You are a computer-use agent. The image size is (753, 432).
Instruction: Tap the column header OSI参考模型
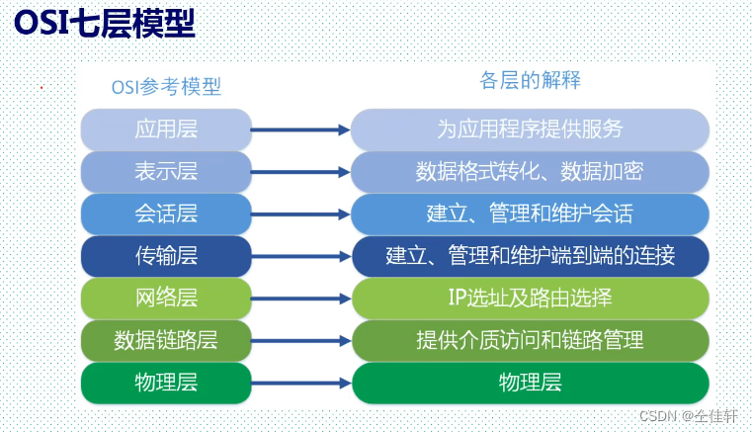(165, 87)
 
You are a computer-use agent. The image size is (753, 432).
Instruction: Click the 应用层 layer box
(165, 129)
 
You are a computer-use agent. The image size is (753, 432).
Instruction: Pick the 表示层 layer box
(165, 171)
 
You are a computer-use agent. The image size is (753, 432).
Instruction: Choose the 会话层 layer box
(165, 214)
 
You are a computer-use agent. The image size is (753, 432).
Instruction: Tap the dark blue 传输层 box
(165, 256)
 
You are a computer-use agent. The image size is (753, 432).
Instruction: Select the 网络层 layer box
(165, 298)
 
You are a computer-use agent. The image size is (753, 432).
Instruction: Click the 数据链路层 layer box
(165, 340)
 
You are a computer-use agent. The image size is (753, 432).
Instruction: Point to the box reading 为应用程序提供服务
(530, 129)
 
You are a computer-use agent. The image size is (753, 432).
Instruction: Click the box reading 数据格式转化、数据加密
(530, 171)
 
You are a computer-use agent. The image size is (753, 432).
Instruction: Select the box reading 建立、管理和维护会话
(530, 214)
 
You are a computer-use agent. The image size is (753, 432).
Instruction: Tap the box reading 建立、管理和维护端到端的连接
(530, 256)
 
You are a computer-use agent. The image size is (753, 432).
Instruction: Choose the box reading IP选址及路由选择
(530, 298)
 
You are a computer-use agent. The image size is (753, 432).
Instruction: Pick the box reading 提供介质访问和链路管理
(530, 340)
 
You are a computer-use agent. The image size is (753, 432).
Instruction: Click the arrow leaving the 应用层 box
(301, 129)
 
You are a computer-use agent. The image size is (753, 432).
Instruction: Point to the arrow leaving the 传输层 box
(301, 256)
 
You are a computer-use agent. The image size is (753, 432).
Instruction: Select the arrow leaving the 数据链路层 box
(301, 340)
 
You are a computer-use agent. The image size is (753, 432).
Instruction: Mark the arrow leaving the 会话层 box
(301, 214)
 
